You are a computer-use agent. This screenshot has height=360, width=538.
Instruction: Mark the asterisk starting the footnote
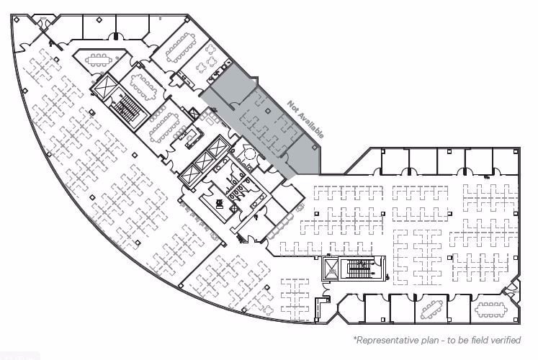(354, 338)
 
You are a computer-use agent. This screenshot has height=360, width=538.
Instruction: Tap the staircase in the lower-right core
(358, 270)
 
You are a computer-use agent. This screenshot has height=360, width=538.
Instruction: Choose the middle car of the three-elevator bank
(203, 163)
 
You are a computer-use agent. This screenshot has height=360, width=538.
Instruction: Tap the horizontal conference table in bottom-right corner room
(490, 310)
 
